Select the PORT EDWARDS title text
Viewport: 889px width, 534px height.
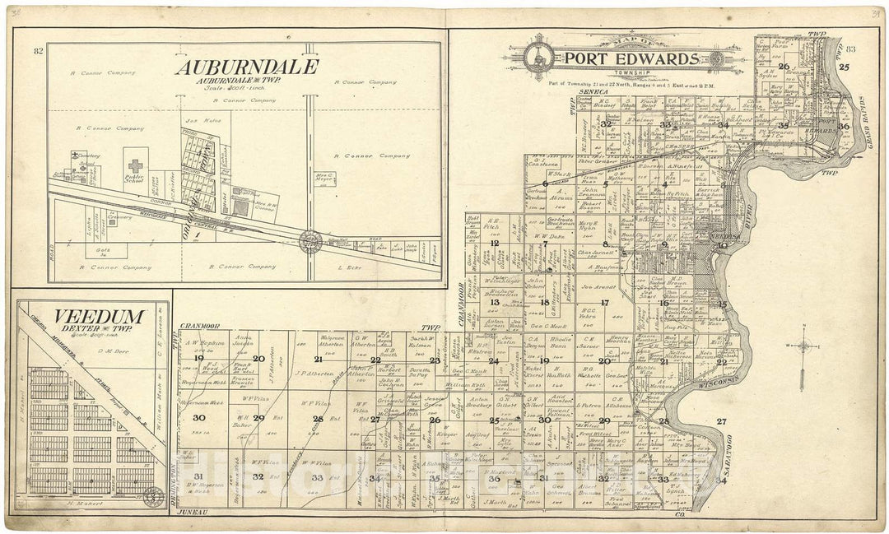632,59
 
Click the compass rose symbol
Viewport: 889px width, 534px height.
803,346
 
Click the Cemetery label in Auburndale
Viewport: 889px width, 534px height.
88,156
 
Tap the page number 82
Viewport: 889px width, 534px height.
38,51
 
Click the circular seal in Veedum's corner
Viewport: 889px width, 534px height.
151,496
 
